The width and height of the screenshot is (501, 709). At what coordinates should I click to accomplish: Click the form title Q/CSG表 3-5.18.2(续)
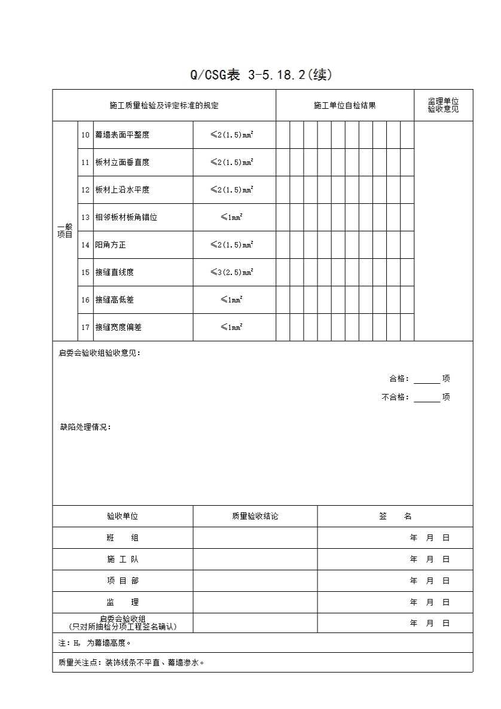[260, 75]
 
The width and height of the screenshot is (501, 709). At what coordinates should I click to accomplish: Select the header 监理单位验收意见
[443, 105]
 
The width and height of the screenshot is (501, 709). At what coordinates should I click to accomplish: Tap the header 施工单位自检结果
[345, 106]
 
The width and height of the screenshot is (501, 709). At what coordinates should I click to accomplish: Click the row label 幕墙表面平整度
[123, 135]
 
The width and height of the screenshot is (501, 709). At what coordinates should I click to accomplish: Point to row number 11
[85, 163]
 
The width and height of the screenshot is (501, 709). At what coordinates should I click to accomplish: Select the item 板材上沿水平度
[123, 190]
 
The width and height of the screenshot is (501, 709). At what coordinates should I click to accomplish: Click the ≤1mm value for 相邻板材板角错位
[231, 218]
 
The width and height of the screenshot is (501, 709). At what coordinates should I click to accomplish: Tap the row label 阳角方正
[111, 245]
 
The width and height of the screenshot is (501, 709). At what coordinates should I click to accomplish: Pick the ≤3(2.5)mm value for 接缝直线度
[231, 273]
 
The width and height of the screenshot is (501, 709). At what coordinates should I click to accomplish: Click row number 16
[85, 300]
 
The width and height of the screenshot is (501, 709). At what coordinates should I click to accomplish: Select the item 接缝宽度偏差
[118, 328]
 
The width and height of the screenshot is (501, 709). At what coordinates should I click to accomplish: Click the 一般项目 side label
[65, 231]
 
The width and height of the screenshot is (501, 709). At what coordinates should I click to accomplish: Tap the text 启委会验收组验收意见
[100, 353]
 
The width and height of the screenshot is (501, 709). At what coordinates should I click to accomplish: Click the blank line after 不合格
[427, 398]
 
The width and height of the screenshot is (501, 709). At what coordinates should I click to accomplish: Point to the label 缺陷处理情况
[85, 427]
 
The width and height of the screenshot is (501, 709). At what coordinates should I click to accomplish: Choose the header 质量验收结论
[255, 517]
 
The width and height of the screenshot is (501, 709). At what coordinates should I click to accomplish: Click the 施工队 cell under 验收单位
[123, 560]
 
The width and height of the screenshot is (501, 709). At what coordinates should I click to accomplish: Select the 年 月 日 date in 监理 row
[429, 603]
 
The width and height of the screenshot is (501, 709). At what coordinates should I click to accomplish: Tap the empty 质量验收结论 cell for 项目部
[255, 581]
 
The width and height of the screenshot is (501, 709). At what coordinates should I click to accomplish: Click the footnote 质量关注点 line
[132, 663]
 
